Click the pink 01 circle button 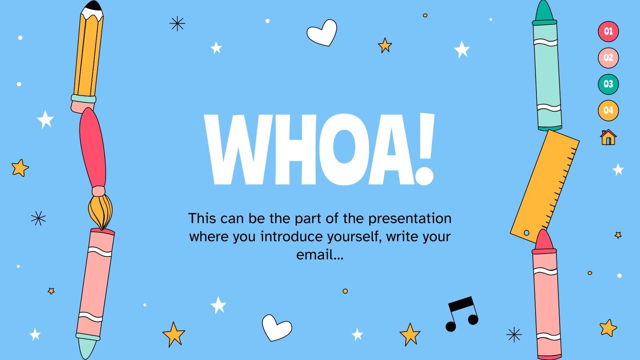tap(608, 31)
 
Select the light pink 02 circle tap(608, 58)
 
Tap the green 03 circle tap(608, 84)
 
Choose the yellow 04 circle tap(608, 110)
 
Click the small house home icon tap(608, 137)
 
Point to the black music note tap(462, 314)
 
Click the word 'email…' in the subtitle tap(320, 254)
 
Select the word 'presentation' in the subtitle tap(410, 218)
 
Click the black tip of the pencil tap(94, 6)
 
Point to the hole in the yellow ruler tap(526, 233)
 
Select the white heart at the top tap(322, 32)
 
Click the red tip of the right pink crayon tap(544, 240)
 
